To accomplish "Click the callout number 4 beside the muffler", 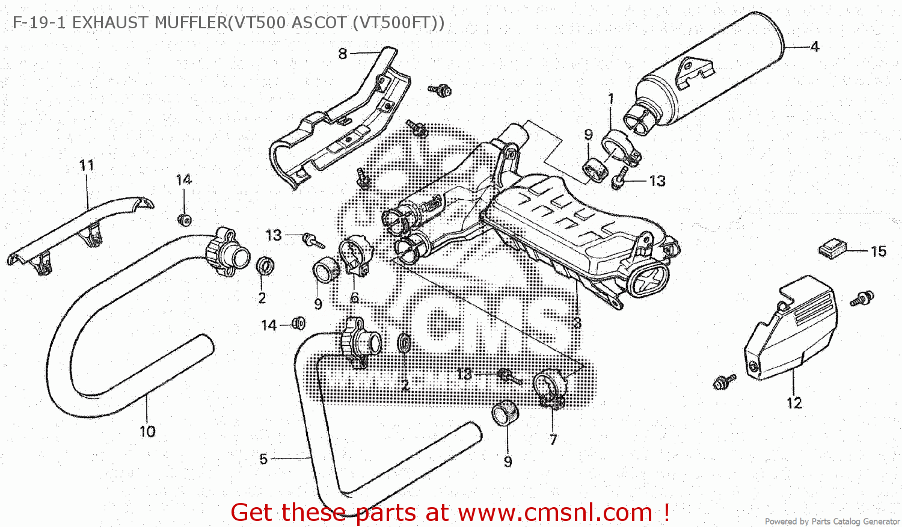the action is coord(815,47).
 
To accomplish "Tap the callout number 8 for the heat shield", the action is coord(342,54).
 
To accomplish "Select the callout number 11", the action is coord(87,165).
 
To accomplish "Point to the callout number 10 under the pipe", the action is coord(147,431).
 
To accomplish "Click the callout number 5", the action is coord(263,459).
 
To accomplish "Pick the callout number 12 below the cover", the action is coord(794,403).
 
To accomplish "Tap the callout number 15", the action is coord(879,251).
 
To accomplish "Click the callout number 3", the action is coord(577,322).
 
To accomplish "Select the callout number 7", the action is coord(553,440).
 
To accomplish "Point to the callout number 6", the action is coord(354,298).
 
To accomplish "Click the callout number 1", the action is coord(611,99).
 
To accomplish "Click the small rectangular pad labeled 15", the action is coord(833,250).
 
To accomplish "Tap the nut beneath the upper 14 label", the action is coord(185,220).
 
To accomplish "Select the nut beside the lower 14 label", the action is coord(298,323).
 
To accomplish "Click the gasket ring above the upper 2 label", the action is coord(265,266).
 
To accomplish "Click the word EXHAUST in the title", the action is coord(110,23).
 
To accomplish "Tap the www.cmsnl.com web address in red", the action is coord(555,513).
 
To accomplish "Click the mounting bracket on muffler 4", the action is coord(695,73).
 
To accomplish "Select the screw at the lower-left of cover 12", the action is coord(724,382).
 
